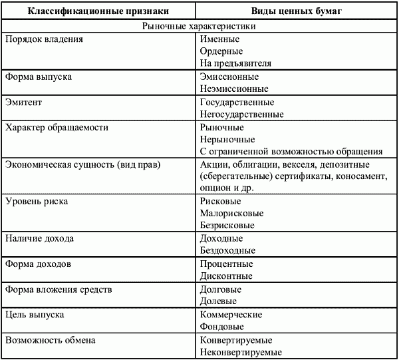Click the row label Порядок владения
[43, 39]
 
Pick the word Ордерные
[221, 51]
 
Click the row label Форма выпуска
[39, 77]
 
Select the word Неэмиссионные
[234, 89]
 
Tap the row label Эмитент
[24, 102]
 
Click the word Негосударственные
[241, 114]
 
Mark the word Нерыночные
[227, 139]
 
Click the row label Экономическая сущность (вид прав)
[83, 164]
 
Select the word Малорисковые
[231, 214]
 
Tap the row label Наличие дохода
[39, 238]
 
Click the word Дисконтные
[226, 275]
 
